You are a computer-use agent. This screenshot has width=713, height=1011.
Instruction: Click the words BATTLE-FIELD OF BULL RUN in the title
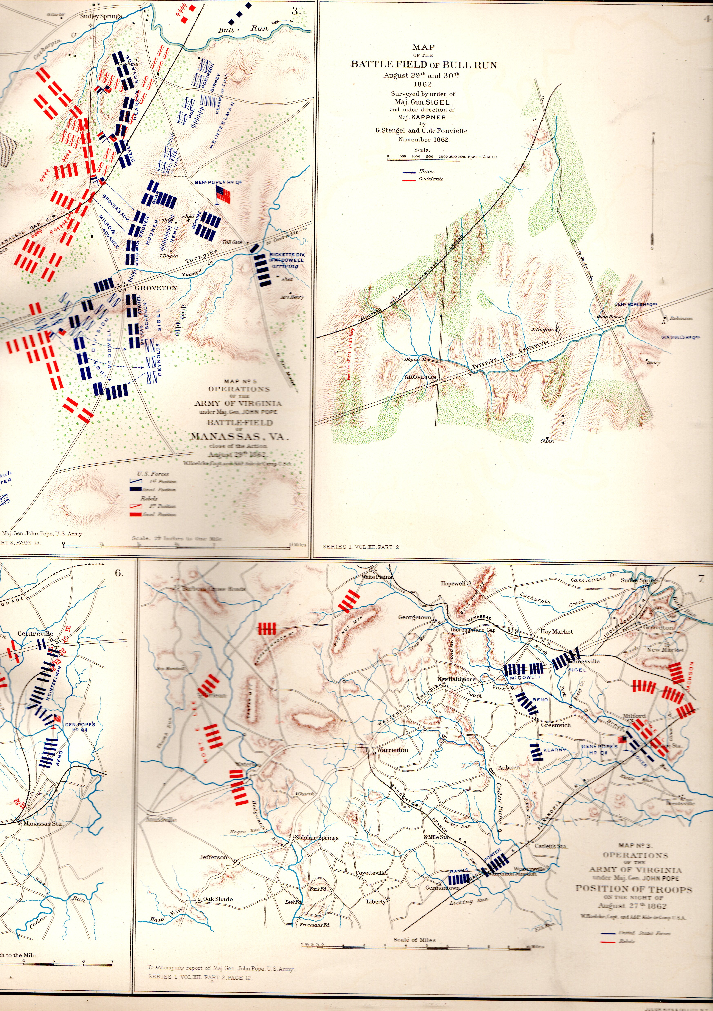pyautogui.click(x=424, y=65)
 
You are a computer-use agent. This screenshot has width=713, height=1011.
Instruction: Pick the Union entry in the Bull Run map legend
pyautogui.click(x=426, y=171)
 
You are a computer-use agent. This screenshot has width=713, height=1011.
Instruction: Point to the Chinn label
pyautogui.click(x=547, y=441)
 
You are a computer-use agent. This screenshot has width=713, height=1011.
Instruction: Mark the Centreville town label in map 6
pyautogui.click(x=35, y=634)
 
